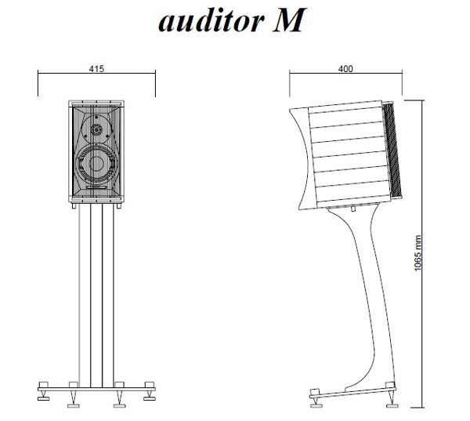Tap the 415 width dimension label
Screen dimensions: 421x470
coord(94,69)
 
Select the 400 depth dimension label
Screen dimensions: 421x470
coord(345,69)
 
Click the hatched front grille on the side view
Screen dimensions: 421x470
coord(395,154)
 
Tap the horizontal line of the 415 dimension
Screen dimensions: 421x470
coord(63,74)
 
